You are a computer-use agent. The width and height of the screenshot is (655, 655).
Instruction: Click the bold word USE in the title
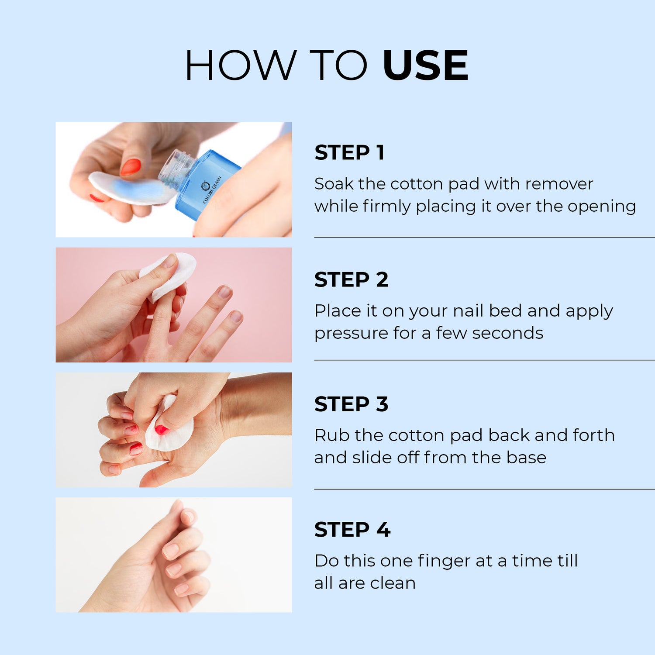point(425,65)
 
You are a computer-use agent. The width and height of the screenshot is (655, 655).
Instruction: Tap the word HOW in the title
point(241,65)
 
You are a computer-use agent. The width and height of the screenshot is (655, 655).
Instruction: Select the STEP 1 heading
point(349,152)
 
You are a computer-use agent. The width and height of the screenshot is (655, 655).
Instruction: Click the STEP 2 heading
point(351,279)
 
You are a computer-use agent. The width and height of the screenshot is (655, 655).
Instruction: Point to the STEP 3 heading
point(351,404)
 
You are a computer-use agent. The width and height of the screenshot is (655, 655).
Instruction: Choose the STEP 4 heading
point(352,530)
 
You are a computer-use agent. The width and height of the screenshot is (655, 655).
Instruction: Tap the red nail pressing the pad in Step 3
point(162,430)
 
